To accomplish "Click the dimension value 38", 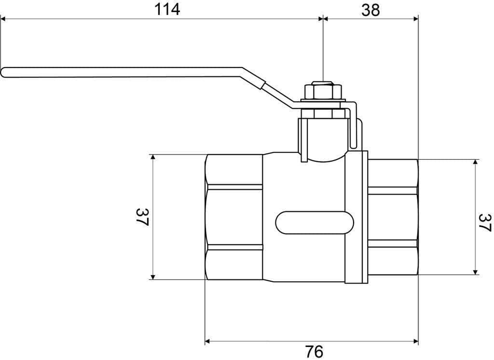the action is point(370,9).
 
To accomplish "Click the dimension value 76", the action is point(314,351).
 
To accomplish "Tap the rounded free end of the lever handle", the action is point(4,72).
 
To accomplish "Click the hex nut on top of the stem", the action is point(323,92).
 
